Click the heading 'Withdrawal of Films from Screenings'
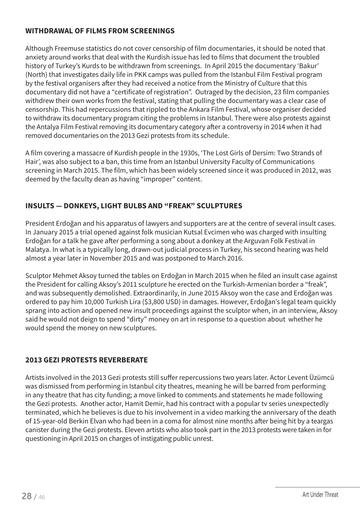pyautogui.click(x=100, y=31)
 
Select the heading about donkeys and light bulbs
pyautogui.click(x=133, y=206)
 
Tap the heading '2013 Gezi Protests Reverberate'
pyautogui.click(x=86, y=360)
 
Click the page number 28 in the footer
pyautogui.click(x=27, y=496)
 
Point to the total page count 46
pyautogui.click(x=41, y=497)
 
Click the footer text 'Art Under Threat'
pyautogui.click(x=320, y=494)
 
